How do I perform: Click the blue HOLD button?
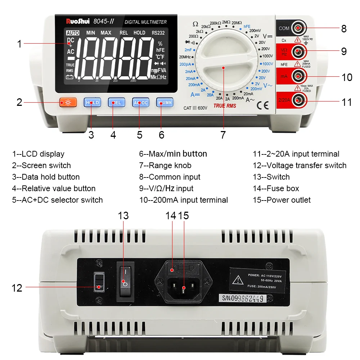[x=92, y=103]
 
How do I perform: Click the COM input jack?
[x=297, y=28]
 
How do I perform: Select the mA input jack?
[x=297, y=76]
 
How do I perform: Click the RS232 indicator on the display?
[x=158, y=33]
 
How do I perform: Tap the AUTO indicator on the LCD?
[x=73, y=33]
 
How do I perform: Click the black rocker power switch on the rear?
[x=125, y=281]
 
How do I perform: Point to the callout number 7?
[x=223, y=135]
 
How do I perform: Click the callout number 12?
[x=17, y=288]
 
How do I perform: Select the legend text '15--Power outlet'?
[x=282, y=200]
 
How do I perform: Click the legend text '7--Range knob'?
[x=165, y=166]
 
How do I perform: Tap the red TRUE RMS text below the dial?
[x=225, y=106]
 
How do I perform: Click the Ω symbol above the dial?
[x=195, y=24]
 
